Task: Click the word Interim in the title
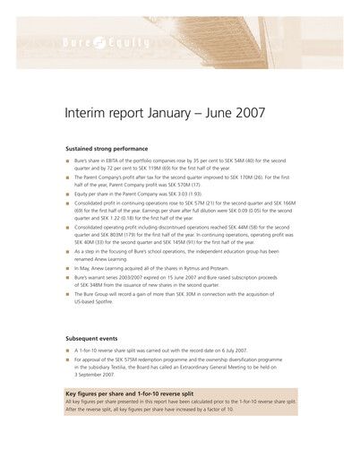86,113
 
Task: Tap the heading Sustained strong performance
107,148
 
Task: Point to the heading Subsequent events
92,338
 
